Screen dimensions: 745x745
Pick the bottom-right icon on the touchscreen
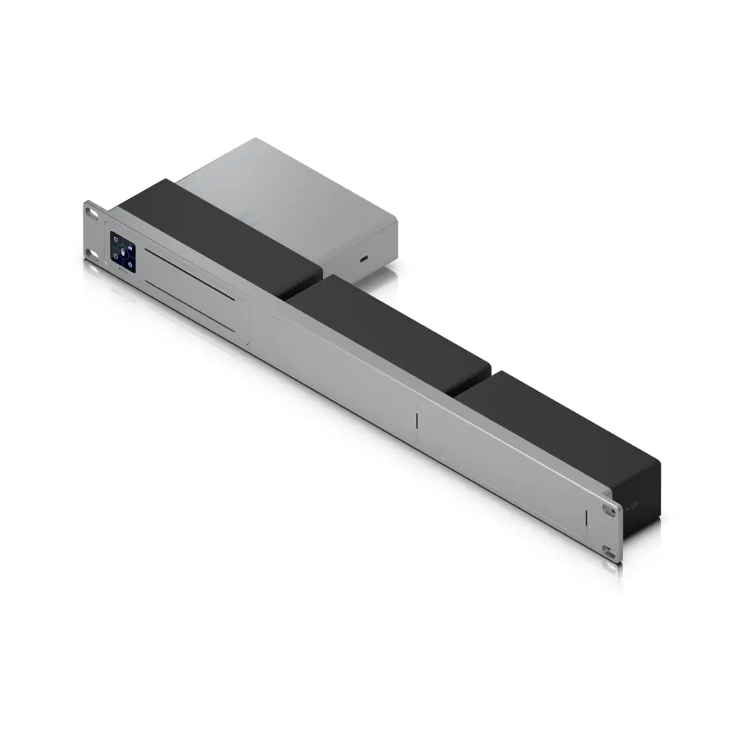130,263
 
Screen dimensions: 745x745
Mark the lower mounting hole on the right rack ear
610,554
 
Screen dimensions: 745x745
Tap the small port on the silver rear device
363,259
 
